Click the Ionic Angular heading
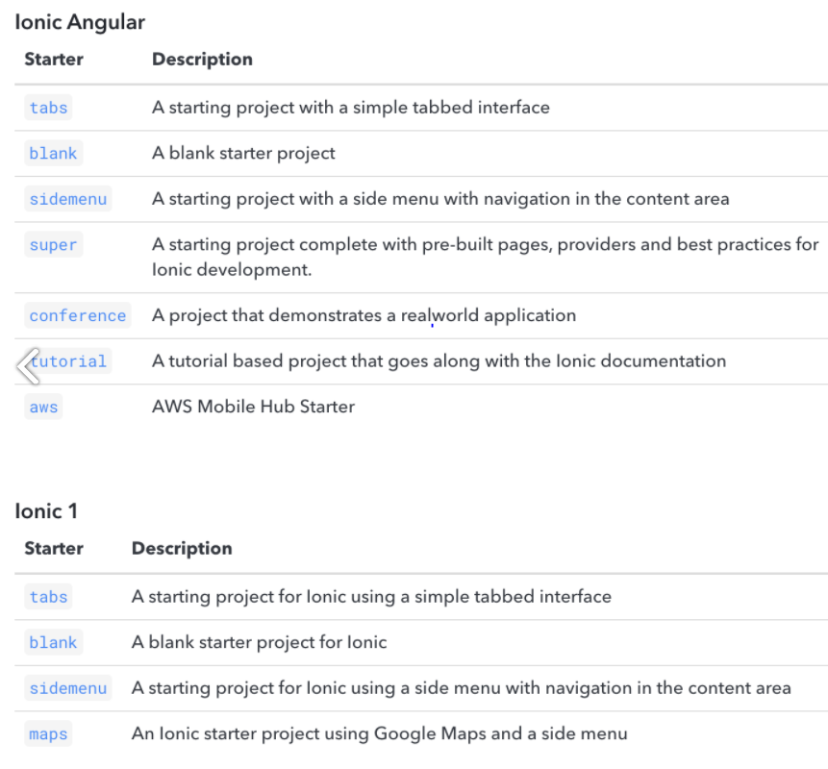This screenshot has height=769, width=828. tap(80, 21)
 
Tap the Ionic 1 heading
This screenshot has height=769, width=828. tap(46, 510)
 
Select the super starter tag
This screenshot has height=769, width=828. tap(53, 245)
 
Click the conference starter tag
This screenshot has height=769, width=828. tap(78, 315)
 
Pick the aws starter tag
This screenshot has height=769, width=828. tap(43, 407)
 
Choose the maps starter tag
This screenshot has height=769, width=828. tap(48, 734)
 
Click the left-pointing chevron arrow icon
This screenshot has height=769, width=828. tap(27, 364)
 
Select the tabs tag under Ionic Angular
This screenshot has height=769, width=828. tap(48, 108)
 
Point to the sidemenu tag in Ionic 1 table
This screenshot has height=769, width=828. tap(67, 688)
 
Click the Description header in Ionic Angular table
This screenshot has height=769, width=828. tap(202, 60)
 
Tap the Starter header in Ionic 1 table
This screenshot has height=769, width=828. tap(54, 549)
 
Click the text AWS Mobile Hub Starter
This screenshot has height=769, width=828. tap(253, 407)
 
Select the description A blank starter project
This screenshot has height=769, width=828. tap(243, 153)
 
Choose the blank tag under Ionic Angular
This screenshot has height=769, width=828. tap(53, 153)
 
